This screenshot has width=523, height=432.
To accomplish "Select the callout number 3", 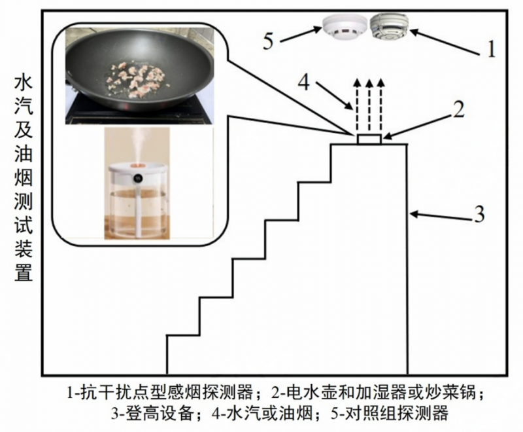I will pos(479,213).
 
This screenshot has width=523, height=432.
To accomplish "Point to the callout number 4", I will pos(303,82).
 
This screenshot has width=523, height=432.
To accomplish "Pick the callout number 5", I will pos(268,41).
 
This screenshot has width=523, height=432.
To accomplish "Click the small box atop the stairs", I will pos(369,139).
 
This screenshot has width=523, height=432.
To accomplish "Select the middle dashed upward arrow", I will pos(369,105).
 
